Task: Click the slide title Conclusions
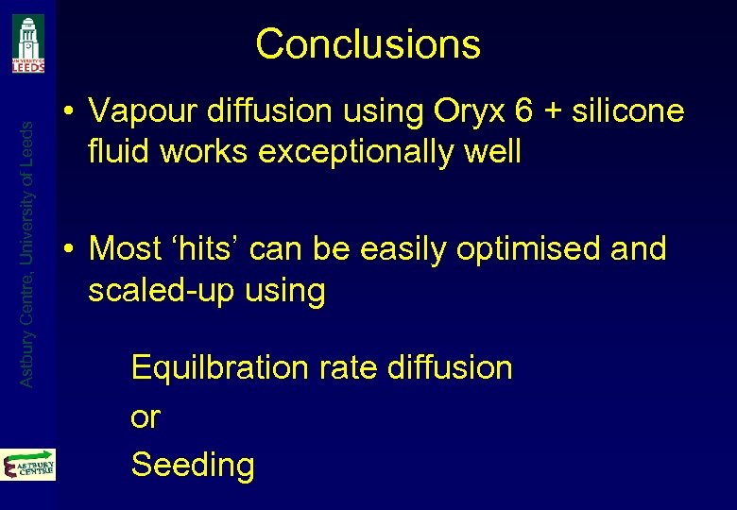point(368,43)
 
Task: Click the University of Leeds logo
point(27,42)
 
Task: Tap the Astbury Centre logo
point(28,465)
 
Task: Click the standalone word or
point(146,416)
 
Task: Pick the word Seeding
point(193,465)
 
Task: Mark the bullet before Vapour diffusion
point(71,112)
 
